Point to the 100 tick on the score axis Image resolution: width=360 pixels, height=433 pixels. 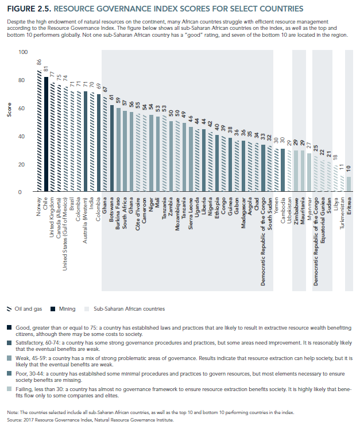(x=23, y=52)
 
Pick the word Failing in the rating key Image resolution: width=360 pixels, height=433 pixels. (x=24, y=389)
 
